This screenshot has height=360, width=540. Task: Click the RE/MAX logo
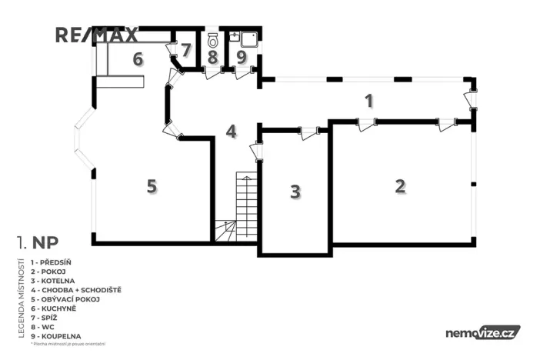[96, 35]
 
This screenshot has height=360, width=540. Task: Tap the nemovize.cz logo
[482, 332]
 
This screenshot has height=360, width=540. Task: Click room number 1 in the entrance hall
[368, 100]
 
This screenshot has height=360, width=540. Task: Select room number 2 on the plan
[399, 185]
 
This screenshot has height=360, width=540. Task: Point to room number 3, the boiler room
[295, 192]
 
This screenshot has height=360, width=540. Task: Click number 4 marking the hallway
[231, 131]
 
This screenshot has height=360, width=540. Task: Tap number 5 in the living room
[152, 185]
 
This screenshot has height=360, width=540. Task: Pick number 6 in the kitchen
[138, 59]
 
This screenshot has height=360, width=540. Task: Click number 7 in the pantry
[185, 50]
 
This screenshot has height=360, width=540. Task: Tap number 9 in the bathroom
[241, 56]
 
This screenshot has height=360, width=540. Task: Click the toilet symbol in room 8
[213, 38]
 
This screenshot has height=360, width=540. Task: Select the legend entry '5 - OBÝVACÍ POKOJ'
[65, 299]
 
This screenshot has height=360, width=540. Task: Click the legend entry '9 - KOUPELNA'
[57, 336]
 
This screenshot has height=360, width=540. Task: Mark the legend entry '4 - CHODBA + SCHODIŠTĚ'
[76, 290]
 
